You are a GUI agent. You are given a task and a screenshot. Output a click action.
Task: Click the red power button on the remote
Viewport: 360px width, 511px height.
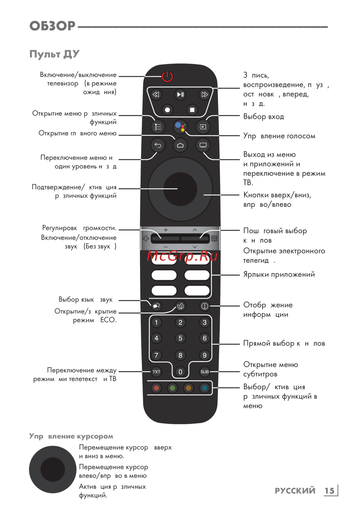[x=167, y=76]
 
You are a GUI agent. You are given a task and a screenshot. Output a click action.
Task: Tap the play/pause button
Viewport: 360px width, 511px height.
[x=180, y=95]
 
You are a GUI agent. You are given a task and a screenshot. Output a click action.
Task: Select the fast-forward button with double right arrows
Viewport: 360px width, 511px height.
[x=204, y=95]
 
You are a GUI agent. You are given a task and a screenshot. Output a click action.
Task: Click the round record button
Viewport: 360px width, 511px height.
[x=167, y=110]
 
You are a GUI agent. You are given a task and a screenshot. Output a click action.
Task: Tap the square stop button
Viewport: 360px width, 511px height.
[x=192, y=110]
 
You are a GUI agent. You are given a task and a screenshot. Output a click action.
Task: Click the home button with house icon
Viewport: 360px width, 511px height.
[x=180, y=145]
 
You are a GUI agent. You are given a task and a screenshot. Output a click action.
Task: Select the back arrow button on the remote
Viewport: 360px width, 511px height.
[x=158, y=145]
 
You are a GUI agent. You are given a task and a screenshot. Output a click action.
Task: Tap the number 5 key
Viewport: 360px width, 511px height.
[x=180, y=338]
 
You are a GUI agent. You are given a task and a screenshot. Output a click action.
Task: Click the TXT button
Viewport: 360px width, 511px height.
[x=156, y=372]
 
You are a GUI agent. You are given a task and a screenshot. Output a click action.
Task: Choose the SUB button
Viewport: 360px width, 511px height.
[x=204, y=372]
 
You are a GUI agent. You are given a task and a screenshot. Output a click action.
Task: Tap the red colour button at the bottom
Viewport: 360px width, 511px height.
[x=156, y=388]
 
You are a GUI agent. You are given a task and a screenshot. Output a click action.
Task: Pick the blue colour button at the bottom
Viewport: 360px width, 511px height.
[x=204, y=388]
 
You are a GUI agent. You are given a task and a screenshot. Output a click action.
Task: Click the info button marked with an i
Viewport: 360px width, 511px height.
[x=204, y=306]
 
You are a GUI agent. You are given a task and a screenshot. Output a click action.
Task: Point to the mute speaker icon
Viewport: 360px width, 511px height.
[x=146, y=238]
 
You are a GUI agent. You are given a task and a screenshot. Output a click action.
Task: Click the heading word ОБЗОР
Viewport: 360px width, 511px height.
[x=53, y=26]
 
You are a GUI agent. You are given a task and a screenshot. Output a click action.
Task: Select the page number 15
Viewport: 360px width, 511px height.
[x=329, y=490]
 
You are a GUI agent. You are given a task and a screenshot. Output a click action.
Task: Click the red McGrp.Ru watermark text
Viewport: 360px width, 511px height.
[x=182, y=256]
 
